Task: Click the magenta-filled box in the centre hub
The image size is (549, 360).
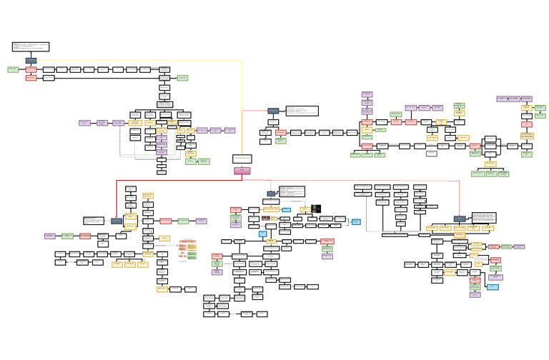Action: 242,171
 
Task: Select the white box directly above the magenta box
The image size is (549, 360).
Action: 242,159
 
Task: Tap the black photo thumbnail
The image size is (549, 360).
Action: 316,209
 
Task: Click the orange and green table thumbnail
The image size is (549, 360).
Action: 187,250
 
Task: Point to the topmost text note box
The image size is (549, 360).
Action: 31,47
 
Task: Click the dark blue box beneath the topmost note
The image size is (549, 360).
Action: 31,61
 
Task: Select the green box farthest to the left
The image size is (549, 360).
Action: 13,70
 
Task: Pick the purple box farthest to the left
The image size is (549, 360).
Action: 49,236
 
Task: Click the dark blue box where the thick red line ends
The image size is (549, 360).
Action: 117,221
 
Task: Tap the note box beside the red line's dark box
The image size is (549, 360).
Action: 93,221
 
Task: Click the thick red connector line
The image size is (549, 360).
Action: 179,180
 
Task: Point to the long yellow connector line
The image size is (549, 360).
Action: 143,61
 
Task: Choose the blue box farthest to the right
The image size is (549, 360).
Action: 493,286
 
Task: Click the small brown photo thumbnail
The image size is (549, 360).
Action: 266,219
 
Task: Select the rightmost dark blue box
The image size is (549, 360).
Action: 460,219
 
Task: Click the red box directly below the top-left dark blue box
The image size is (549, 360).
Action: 31,70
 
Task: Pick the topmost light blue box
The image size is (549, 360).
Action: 286,210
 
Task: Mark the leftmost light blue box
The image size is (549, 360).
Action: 263,234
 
